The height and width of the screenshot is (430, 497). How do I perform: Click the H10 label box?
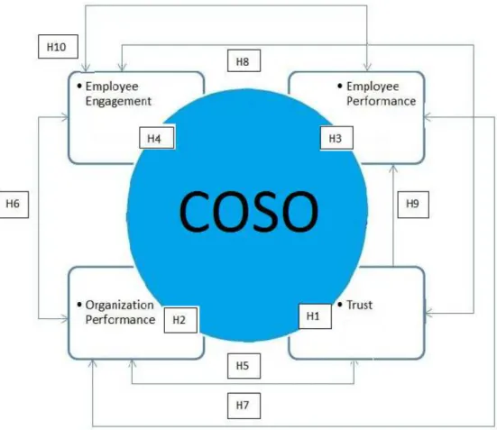[x=58, y=47]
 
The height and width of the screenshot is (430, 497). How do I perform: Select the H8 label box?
[x=244, y=60]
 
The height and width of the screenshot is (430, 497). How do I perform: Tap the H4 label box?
[x=157, y=138]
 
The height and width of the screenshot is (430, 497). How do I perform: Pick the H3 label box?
[x=336, y=138]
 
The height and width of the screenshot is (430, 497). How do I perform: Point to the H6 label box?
[x=14, y=205]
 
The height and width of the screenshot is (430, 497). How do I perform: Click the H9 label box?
[x=413, y=205]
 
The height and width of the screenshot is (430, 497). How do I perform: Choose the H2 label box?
[x=180, y=320]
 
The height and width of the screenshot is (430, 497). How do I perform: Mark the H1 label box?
[x=315, y=316]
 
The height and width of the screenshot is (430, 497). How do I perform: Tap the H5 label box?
[x=244, y=366]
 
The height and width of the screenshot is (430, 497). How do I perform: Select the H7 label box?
[x=244, y=406]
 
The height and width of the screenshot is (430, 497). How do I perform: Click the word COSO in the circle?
[x=249, y=212]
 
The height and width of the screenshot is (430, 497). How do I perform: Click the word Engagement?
[x=118, y=102]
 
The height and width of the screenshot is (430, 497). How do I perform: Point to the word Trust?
[x=359, y=305]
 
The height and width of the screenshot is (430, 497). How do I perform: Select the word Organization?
[x=119, y=306]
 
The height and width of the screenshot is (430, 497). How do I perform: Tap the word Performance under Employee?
[x=381, y=101]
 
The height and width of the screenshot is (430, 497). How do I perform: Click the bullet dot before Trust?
[x=340, y=305]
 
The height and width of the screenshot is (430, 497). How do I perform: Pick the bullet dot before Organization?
[x=79, y=305]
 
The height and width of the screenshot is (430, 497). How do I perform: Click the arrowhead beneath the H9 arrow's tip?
[x=393, y=169]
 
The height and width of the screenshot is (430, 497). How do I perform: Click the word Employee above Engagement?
[x=112, y=87]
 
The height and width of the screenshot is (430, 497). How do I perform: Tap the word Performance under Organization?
[x=120, y=320]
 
